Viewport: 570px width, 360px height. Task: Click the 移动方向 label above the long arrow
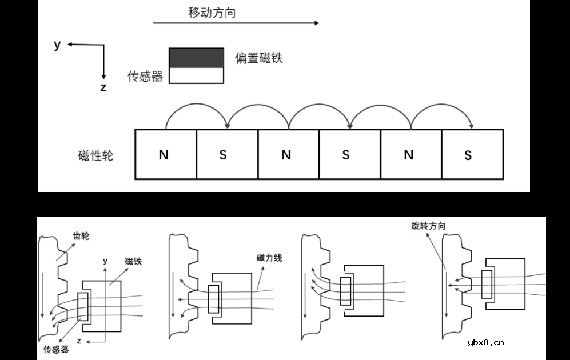point(212,13)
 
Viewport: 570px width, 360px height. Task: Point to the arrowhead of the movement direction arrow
point(316,23)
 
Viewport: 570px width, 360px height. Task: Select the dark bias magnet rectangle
point(196,58)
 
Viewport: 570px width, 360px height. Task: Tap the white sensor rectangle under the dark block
point(196,75)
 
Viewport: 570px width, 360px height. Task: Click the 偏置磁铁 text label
point(259,58)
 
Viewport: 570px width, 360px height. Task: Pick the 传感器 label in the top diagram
point(145,77)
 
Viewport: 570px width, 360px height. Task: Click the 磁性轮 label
point(95,155)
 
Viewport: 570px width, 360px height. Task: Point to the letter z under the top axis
point(103,87)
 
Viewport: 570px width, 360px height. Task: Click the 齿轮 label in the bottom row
point(81,235)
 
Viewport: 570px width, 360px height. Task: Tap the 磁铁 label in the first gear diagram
point(133,262)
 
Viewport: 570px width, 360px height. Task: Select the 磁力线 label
point(269,258)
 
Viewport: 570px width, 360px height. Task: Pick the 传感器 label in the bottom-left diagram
point(56,349)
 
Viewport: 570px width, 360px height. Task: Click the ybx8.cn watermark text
point(485,343)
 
